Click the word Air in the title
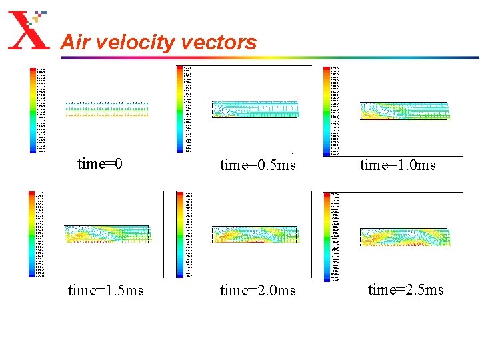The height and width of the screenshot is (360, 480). (74, 43)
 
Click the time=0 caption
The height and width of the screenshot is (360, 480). (100, 163)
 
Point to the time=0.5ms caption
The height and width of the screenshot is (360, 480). (258, 165)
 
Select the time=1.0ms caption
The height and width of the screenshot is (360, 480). (398, 165)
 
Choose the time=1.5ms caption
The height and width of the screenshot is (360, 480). (106, 290)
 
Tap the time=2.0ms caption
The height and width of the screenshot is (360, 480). (258, 290)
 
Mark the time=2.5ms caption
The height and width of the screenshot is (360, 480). (406, 289)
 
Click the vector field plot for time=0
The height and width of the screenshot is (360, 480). (107, 109)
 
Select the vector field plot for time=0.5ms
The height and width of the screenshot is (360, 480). (255, 109)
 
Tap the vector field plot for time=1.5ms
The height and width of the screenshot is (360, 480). (107, 235)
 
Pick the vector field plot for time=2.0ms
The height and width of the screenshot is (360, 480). (255, 235)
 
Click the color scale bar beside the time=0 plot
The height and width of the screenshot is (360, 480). (33, 110)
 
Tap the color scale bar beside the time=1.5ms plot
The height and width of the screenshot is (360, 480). (32, 234)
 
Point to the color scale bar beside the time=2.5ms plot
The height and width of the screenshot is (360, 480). (327, 237)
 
